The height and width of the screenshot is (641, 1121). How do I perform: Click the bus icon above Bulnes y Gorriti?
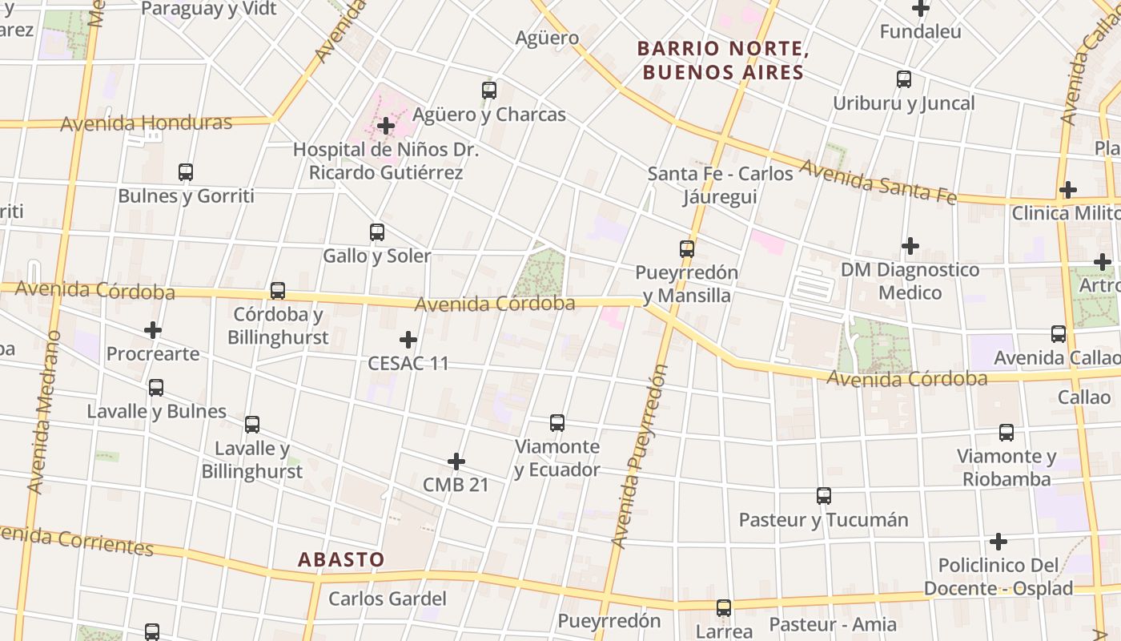(186, 171)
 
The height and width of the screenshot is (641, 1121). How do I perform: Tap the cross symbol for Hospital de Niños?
(386, 126)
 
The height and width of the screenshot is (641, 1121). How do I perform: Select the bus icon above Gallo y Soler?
(377, 232)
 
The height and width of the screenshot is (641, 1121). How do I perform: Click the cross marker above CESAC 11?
(408, 340)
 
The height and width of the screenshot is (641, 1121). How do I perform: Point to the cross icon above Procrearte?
(153, 330)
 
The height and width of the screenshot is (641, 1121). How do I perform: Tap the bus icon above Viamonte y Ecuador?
(557, 422)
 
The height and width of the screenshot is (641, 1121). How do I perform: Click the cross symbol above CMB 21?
(456, 462)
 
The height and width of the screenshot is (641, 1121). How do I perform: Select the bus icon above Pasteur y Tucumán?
(824, 496)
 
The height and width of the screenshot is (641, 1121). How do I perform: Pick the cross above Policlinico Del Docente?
(998, 542)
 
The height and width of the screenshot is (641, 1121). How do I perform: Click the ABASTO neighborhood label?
(342, 559)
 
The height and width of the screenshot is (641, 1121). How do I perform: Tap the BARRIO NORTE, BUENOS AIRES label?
(721, 60)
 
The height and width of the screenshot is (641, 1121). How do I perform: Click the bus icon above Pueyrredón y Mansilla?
(687, 248)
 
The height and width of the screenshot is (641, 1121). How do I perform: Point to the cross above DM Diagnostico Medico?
(910, 245)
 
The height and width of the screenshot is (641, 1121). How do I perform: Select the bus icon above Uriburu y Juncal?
(904, 79)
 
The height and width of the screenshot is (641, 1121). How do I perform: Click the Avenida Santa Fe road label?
(878, 182)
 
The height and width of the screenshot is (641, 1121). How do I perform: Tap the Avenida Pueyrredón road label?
(639, 457)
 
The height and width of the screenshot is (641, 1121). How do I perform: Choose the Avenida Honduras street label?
(147, 123)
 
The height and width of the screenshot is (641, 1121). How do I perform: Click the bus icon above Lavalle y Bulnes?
(156, 388)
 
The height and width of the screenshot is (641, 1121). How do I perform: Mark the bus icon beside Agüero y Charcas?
(489, 91)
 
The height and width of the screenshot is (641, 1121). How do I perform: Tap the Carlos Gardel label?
(388, 599)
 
